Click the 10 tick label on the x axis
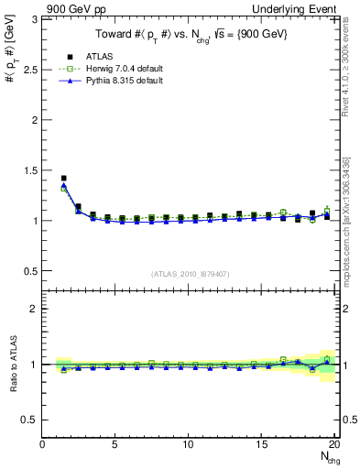point(188,444)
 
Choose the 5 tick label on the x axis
point(115,444)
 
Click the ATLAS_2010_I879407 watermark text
point(191,273)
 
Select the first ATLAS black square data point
point(63,179)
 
